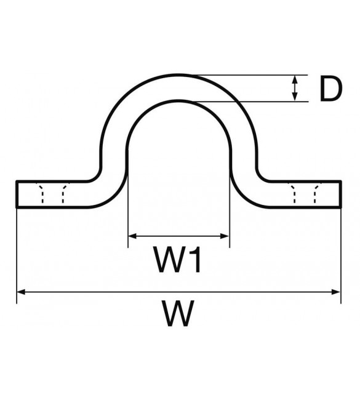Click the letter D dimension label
click(330, 89)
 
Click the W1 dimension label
click(177, 259)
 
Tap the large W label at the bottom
click(178, 313)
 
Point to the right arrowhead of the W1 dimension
click(225, 236)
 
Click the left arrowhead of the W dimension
click(22, 292)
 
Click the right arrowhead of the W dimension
click(336, 292)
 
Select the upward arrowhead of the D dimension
click(295, 80)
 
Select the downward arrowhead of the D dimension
click(295, 97)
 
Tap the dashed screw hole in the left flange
click(52, 193)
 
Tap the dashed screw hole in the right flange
click(305, 193)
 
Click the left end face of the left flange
click(17, 194)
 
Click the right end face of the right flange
click(341, 194)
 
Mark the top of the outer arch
click(179, 74)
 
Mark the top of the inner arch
click(179, 100)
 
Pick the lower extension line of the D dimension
click(251, 102)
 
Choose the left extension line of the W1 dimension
click(128, 199)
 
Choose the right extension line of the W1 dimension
click(230, 199)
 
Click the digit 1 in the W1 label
click(195, 259)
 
